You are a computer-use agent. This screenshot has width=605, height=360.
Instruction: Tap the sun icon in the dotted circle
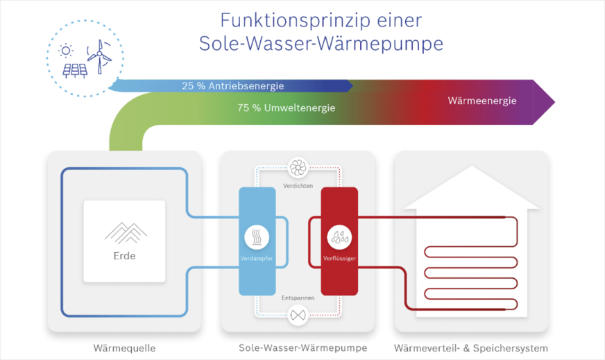coord(67,50)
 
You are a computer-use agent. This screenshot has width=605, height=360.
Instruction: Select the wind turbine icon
coord(99,55)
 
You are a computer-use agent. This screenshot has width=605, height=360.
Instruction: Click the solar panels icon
coord(75,69)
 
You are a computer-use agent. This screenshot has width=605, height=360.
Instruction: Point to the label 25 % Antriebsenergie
coord(233,86)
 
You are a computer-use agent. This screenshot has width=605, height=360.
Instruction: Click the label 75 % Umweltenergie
coord(286,108)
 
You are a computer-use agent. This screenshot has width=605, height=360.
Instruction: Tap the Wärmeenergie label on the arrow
coord(482,101)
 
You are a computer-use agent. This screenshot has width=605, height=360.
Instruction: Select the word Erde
coord(125,256)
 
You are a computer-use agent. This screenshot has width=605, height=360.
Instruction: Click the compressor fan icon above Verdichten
coord(298,167)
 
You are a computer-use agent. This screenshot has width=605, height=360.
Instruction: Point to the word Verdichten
coord(298,186)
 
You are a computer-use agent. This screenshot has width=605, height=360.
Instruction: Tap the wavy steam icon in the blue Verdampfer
coord(256,237)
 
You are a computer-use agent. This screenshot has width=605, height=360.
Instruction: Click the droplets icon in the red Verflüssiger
coord(339,237)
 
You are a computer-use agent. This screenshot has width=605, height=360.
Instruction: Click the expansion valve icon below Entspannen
coord(298,316)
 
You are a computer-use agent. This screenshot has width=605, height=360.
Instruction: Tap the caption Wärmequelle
coord(124,348)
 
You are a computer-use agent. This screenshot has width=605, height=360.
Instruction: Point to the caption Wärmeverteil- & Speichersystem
coord(471,348)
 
